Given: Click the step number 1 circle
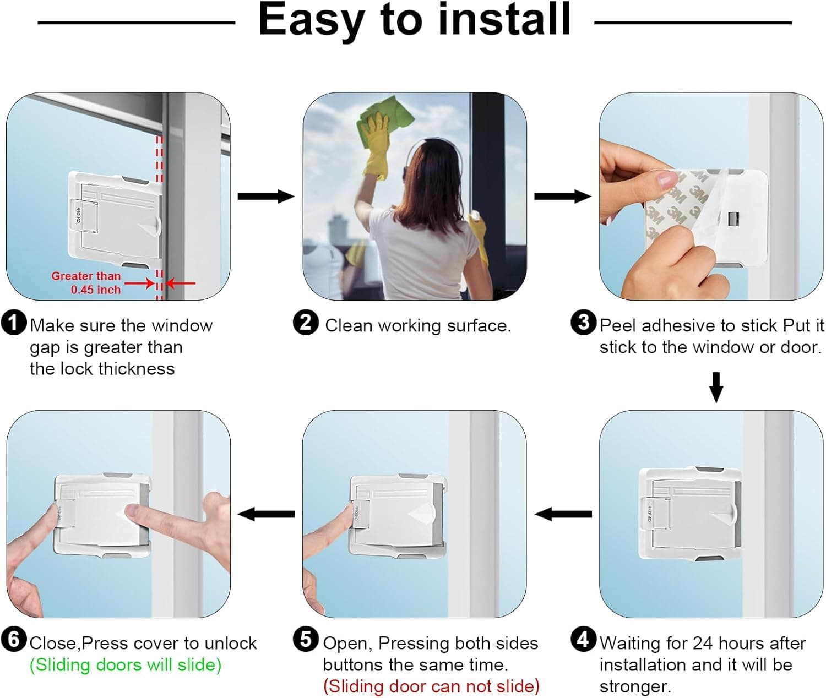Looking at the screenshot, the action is (x=14, y=323).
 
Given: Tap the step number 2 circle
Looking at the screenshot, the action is (x=306, y=323).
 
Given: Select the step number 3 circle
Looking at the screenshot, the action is (x=584, y=323).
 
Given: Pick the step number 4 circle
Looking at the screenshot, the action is (x=584, y=639).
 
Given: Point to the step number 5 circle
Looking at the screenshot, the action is (x=306, y=639).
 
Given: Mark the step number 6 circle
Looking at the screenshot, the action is (x=14, y=639).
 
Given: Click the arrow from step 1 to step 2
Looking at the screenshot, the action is (x=266, y=196).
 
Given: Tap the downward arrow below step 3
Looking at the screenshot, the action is (x=716, y=388).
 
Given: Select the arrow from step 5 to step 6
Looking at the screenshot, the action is (x=266, y=514).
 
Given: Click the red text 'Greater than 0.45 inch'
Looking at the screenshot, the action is (x=86, y=282).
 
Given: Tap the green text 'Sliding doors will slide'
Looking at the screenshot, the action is (x=126, y=665).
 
